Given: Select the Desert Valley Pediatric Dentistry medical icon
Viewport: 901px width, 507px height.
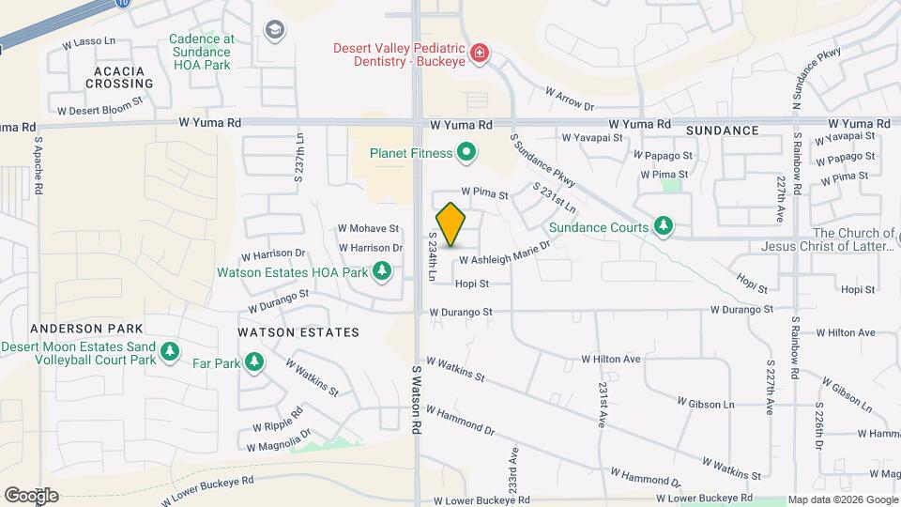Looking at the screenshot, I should coord(480,53).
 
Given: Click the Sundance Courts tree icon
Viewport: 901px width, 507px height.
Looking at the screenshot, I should coord(664,226).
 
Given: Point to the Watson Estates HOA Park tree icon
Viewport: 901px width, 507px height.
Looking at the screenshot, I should coord(382,272).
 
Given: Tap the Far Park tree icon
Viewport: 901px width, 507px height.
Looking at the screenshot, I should coord(253,361).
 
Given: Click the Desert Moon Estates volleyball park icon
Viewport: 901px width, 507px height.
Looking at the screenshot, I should coord(169,352).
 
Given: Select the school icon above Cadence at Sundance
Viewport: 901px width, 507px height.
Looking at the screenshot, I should coord(273,31).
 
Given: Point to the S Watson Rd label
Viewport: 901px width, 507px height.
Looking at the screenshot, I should coord(416,399).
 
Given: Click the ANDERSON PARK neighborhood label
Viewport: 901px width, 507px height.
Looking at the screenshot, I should coord(86,329).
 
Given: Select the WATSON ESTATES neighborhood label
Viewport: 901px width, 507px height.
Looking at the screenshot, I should coord(298,332).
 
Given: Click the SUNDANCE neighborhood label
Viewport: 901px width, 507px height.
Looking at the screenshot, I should coord(722,131).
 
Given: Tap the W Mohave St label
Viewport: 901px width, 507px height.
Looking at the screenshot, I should coord(368,228).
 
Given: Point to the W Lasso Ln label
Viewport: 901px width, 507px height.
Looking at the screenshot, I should coord(88,43).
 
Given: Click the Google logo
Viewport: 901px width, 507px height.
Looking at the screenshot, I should coord(31,495).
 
